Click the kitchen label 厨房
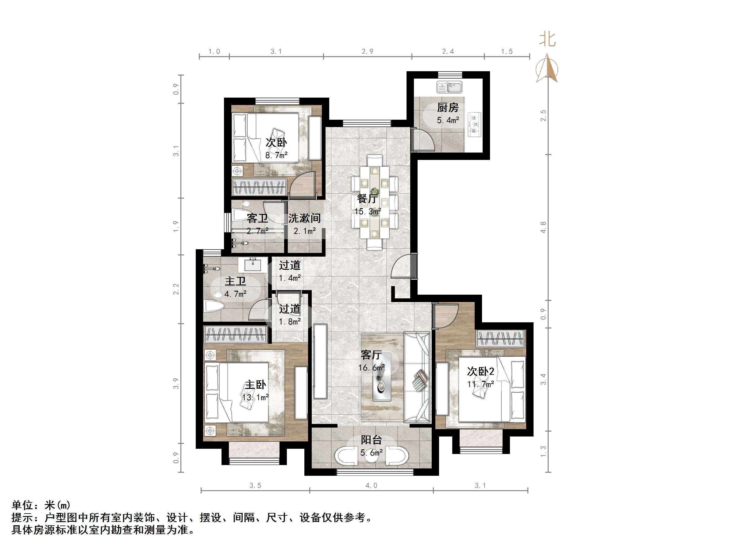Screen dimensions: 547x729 tap(448, 107)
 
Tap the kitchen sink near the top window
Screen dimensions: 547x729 tap(449, 88)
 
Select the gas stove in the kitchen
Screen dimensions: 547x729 tap(475, 125)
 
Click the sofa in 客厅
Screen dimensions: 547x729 tap(417, 378)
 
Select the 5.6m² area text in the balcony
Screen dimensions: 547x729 tap(372, 453)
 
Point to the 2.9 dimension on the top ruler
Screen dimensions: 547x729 tap(368, 52)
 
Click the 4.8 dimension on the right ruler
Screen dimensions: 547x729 tap(543, 227)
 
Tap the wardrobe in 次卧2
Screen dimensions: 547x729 tap(500, 339)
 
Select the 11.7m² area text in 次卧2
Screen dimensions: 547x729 tap(480, 384)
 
